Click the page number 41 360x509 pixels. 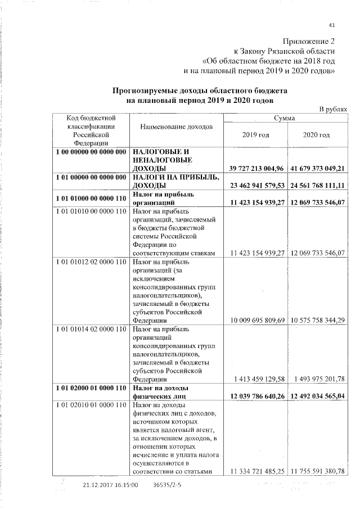click(331, 25)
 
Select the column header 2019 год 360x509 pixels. click(255, 136)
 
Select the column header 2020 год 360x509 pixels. click(316, 136)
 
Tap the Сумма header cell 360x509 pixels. click(285, 118)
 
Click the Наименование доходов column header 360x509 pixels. click(177, 127)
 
